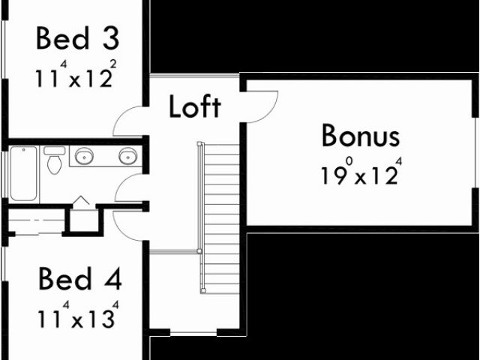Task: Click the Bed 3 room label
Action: point(77,38)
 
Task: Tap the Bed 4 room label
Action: point(79,280)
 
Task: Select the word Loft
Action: point(194,106)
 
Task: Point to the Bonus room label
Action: point(360,136)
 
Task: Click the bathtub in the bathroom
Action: point(23,173)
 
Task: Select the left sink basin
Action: point(84,157)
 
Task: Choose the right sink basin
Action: point(128,157)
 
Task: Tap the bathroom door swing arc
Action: point(129,187)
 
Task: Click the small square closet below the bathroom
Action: point(83,220)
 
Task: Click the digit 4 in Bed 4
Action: point(111,280)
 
